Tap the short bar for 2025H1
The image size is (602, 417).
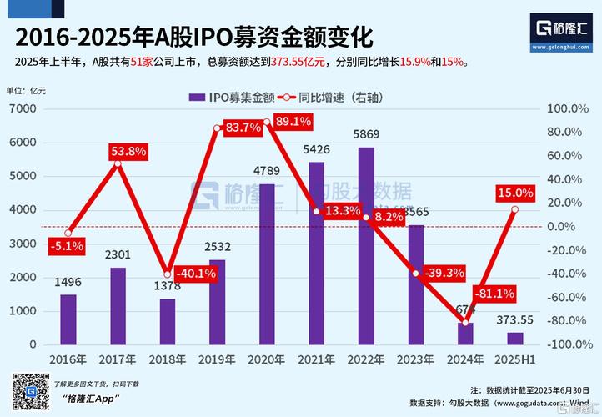pyautogui.click(x=515, y=338)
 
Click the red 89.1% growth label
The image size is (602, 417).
pyautogui.click(x=293, y=122)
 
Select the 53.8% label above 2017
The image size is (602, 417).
pyautogui.click(x=128, y=152)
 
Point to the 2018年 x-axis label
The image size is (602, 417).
pyautogui.click(x=168, y=360)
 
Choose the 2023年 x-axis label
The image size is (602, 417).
pyautogui.click(x=416, y=360)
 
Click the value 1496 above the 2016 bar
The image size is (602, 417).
pyautogui.click(x=68, y=283)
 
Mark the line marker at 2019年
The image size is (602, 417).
pyautogui.click(x=217, y=128)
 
